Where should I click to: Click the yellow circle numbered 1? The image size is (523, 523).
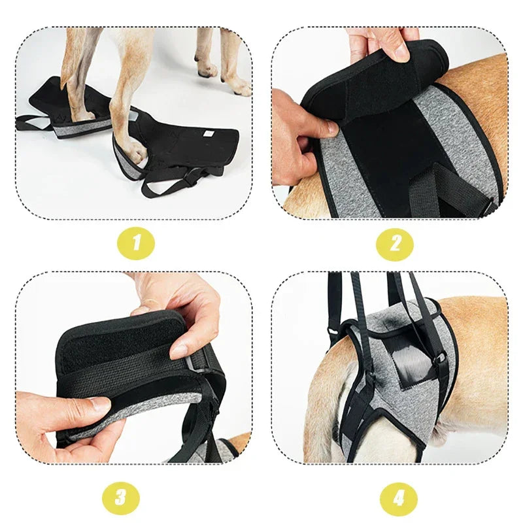136,243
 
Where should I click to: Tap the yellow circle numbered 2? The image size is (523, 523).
394,243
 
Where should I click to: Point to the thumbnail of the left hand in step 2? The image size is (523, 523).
325,129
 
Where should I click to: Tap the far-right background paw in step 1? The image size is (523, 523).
239,86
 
